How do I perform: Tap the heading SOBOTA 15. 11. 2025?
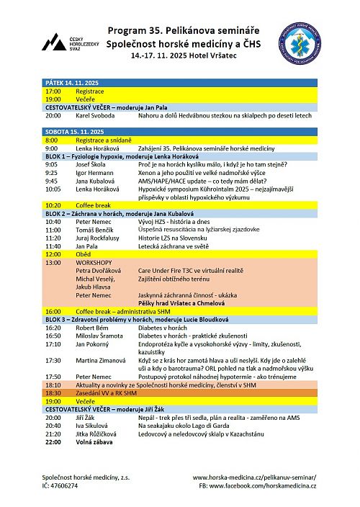point(70,130)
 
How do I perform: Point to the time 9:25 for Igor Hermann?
point(51,173)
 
